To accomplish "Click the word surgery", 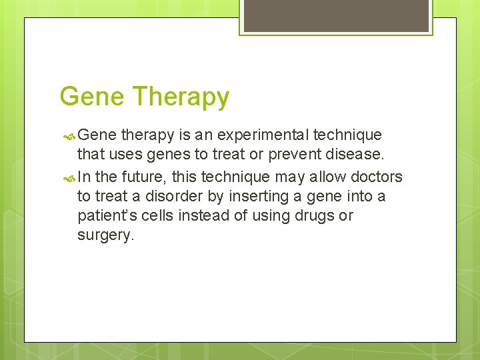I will pos(105,236).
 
